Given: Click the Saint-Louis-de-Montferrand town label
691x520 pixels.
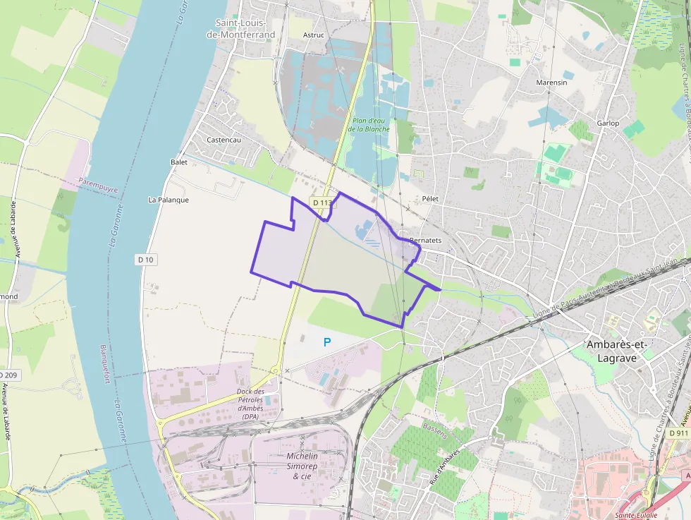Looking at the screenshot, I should click(x=245, y=28).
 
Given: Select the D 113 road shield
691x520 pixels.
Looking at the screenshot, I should click(x=322, y=202).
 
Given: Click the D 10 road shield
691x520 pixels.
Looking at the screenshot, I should click(x=146, y=260).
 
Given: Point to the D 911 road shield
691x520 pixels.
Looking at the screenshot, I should click(x=678, y=433).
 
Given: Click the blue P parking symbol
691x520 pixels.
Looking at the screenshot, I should click(x=326, y=342).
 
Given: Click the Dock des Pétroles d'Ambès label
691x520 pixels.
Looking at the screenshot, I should click(x=250, y=404).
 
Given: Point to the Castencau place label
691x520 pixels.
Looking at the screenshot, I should click(x=224, y=140).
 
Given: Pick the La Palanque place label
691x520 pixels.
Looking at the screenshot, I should click(x=169, y=200).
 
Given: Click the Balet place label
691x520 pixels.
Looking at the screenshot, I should click(x=179, y=162).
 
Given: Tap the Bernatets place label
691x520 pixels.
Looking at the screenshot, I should click(x=425, y=241).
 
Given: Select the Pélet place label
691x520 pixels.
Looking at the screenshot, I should click(x=430, y=199).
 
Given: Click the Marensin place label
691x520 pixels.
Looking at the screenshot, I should click(x=551, y=83).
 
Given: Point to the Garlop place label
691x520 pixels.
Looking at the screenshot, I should click(x=608, y=123).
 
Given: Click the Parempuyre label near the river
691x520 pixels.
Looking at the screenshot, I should click(x=98, y=185).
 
